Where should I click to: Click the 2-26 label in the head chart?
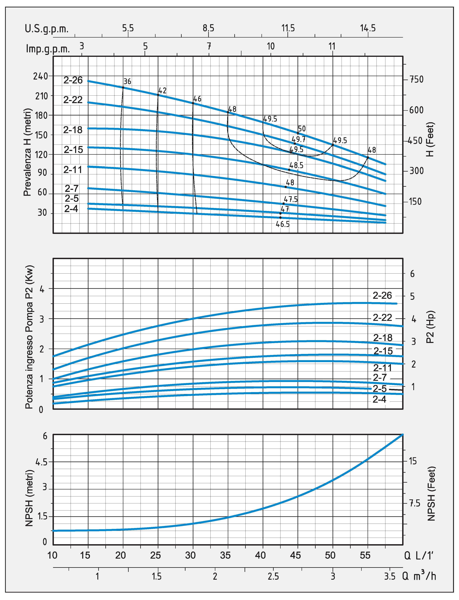73,80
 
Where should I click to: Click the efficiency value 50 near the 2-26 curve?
302,129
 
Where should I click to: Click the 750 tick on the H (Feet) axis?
416,80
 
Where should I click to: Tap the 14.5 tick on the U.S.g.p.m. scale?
368,28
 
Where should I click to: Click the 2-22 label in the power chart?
382,317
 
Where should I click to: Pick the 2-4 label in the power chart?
379,400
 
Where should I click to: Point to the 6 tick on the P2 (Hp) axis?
412,274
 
